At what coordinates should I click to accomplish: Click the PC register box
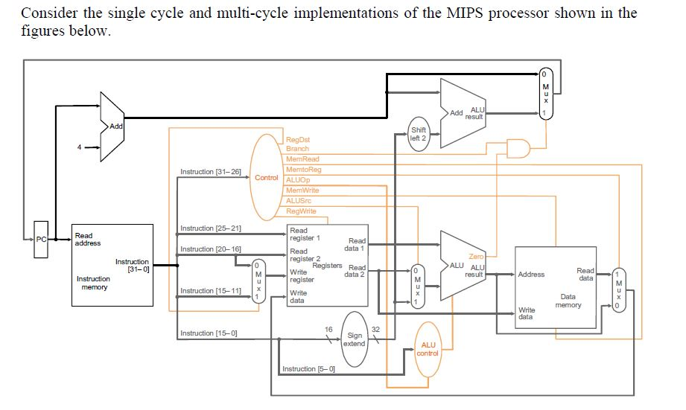pos(41,240)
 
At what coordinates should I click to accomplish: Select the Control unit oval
pos(266,178)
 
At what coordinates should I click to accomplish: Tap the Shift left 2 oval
pos(419,134)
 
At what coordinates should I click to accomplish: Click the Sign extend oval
pos(355,339)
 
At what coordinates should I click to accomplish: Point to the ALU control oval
pos(428,349)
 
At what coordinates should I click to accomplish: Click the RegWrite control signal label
pos(301,211)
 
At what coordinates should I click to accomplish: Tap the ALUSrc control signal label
pos(299,201)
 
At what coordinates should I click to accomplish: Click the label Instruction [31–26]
pos(210,172)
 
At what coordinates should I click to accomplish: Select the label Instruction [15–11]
pos(210,290)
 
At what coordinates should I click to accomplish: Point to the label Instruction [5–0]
pos(308,369)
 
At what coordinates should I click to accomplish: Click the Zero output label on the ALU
pos(475,257)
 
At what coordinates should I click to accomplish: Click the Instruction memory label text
pos(94,283)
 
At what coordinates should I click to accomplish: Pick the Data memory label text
pos(568,301)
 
